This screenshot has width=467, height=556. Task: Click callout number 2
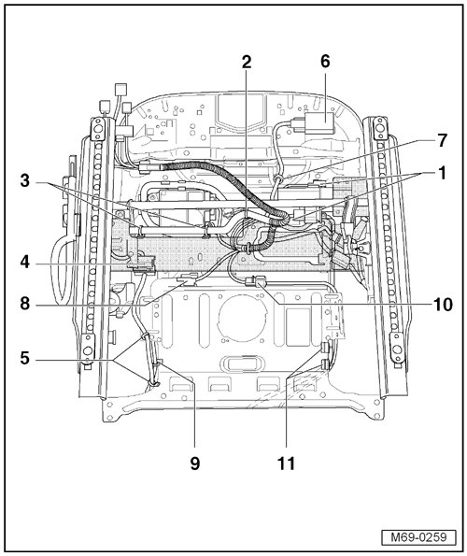click(247, 62)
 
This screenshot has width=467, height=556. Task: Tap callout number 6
click(325, 61)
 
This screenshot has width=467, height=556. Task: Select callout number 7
click(442, 141)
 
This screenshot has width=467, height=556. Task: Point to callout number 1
click(442, 173)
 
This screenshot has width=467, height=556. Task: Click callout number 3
click(25, 181)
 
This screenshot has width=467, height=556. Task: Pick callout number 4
click(25, 263)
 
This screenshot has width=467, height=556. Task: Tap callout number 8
click(25, 304)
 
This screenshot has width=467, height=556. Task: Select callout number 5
click(25, 358)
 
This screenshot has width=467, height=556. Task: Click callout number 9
click(195, 463)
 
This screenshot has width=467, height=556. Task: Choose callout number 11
click(286, 463)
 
